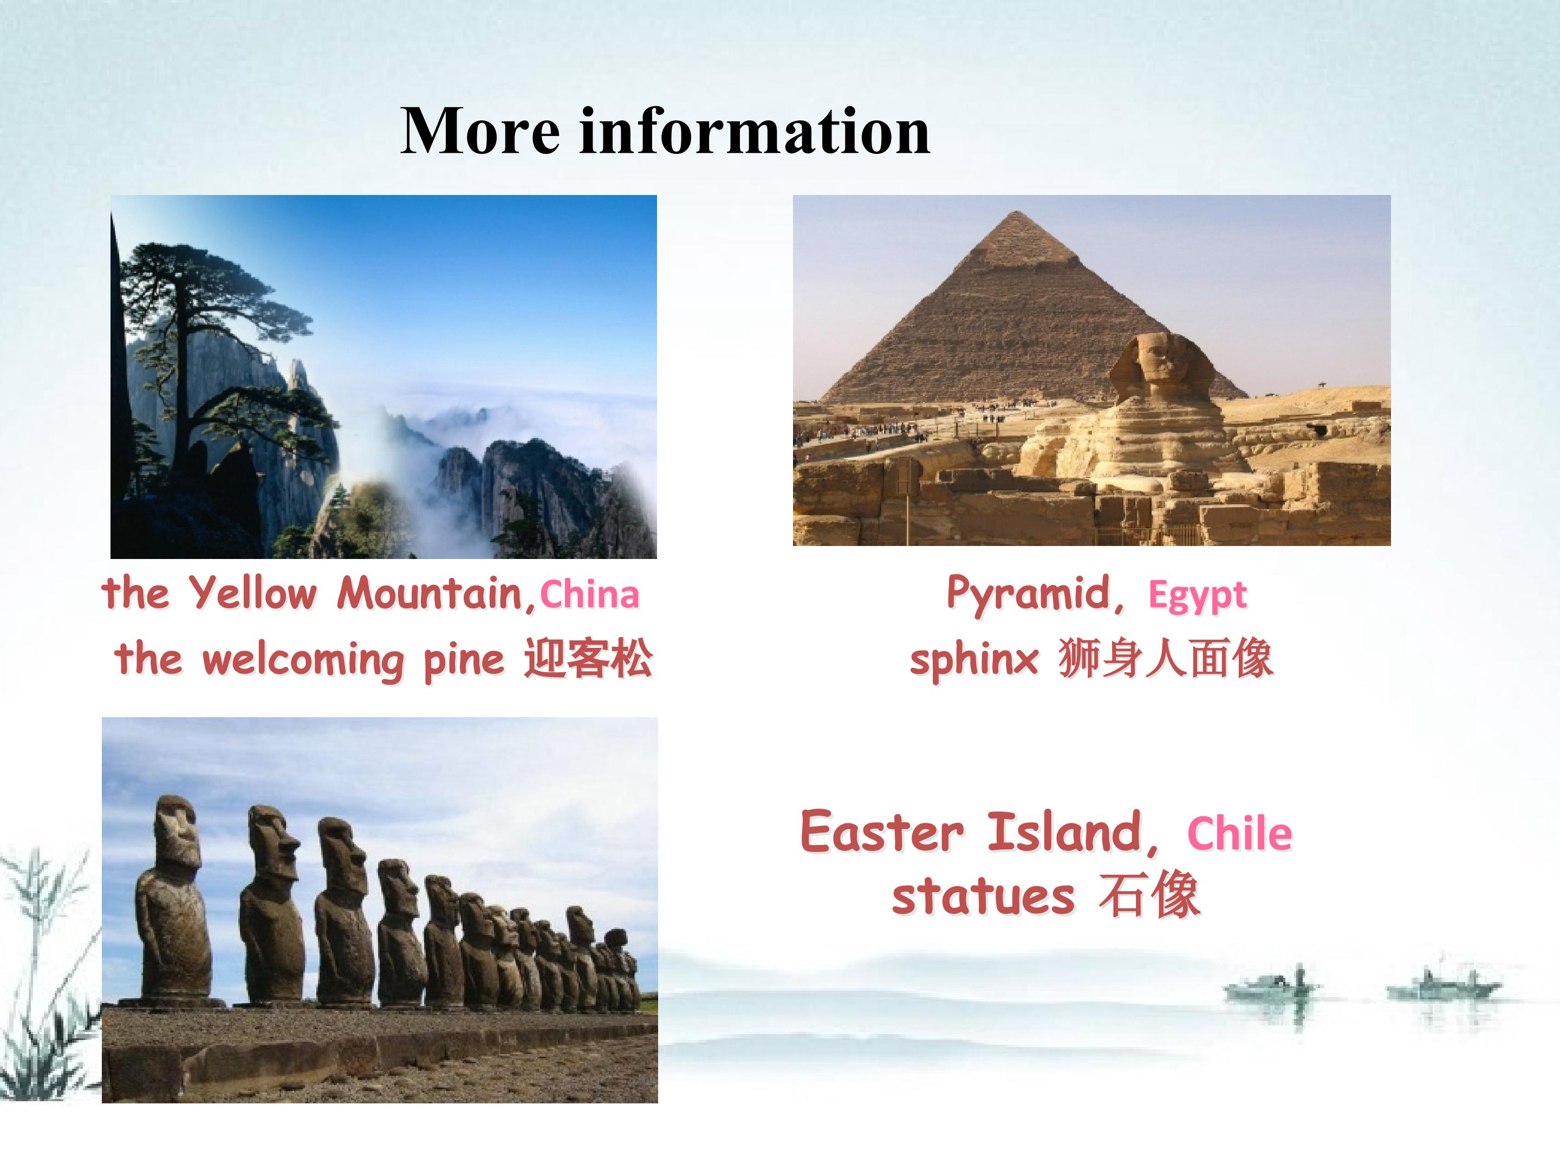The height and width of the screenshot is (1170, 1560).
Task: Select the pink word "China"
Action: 589,595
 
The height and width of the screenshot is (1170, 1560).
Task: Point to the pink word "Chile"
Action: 1240,834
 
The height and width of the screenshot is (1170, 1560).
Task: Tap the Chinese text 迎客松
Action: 588,658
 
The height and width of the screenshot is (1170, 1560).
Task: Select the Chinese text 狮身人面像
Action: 1166,658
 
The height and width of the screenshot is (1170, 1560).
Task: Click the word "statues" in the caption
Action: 983,896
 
